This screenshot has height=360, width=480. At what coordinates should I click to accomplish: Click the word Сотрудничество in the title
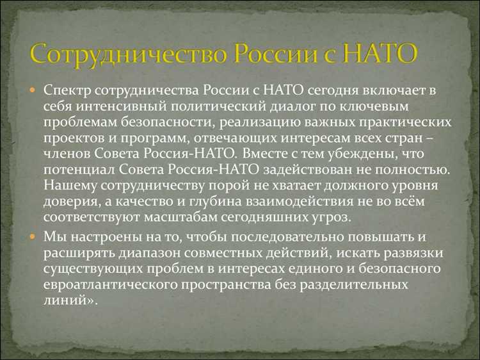coord(125,54)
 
